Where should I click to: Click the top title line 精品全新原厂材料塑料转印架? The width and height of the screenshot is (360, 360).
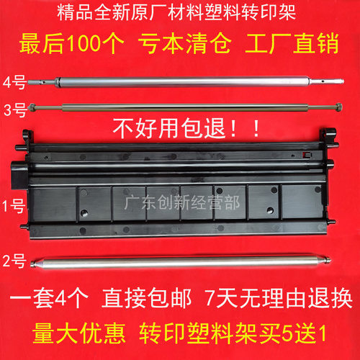[180, 14]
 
